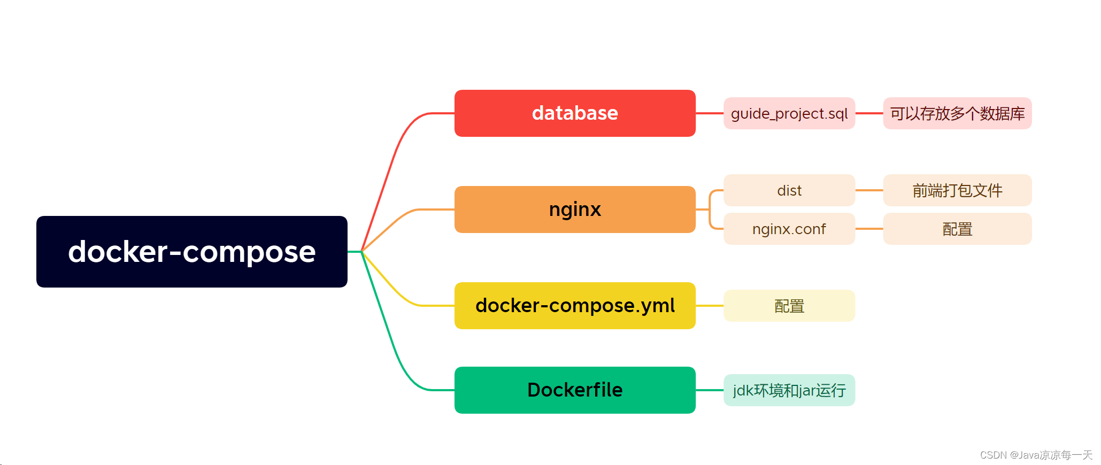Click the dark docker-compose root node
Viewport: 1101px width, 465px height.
tap(191, 252)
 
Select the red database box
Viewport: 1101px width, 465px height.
tap(575, 113)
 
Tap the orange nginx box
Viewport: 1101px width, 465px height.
tap(575, 210)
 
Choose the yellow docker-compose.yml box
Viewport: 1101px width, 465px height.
tap(575, 306)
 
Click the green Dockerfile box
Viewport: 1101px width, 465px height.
tap(575, 390)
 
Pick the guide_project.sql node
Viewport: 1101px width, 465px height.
tap(789, 113)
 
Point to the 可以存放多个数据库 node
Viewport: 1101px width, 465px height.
tap(957, 113)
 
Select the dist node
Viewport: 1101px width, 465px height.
tap(789, 190)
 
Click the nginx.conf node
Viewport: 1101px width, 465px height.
tap(789, 229)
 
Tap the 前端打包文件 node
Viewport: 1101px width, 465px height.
tap(957, 190)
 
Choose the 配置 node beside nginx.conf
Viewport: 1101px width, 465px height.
tap(957, 229)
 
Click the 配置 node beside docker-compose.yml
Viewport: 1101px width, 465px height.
tap(789, 306)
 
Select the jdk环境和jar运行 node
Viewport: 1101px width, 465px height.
tap(789, 390)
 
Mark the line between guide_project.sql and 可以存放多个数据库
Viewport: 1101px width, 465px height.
tap(869, 113)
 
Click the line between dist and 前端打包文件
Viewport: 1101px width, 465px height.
tap(869, 190)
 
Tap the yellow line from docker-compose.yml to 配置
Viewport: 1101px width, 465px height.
tap(710, 306)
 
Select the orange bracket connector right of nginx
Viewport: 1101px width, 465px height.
tap(710, 210)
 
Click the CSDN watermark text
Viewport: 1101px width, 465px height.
tap(1035, 455)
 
